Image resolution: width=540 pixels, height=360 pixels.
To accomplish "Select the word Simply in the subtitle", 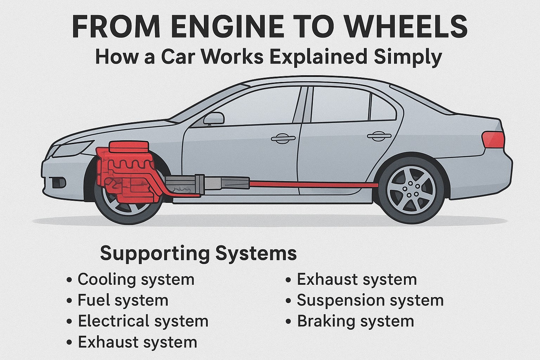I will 408,57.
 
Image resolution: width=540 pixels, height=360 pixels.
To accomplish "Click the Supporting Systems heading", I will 198,253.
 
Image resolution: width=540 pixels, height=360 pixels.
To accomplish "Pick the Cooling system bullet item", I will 136,280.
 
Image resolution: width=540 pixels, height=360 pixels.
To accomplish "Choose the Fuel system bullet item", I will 123,301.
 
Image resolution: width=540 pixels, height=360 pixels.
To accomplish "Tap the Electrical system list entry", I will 143,321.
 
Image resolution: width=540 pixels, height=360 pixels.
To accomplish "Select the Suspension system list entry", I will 370,301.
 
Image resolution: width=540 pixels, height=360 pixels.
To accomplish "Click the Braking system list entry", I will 355,321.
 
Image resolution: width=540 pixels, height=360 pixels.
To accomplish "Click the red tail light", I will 493,140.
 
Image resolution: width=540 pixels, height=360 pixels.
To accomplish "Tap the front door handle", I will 283,138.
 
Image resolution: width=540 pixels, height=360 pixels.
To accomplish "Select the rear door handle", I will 379,136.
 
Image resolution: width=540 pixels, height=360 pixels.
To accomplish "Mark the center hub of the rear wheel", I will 411,190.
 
